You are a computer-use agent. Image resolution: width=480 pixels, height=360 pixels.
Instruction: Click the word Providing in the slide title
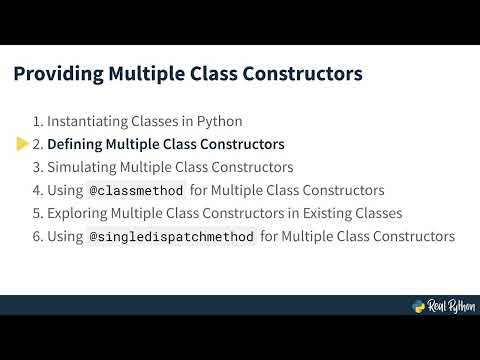pos(53,74)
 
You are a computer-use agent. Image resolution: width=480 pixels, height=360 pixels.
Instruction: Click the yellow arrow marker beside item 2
pos(22,144)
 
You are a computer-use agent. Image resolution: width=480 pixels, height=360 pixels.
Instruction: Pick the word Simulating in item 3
pos(83,167)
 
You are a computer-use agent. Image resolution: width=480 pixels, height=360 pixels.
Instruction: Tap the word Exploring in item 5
pos(79,213)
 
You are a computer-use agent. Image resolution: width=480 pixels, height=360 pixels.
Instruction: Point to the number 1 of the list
pos(37,121)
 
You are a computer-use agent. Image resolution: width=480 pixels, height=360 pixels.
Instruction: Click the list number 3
pos(37,167)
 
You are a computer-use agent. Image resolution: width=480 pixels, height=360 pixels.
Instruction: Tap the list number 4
pos(37,190)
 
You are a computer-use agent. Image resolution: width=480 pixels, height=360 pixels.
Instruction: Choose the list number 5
pos(37,213)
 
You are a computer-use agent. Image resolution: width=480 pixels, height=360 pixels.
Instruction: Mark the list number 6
pos(37,237)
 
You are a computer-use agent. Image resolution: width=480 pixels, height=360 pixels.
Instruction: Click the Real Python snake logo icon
pos(420,307)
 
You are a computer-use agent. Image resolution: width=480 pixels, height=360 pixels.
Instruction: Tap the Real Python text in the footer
pos(451,307)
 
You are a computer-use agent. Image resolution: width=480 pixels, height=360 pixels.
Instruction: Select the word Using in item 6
pos(66,237)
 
